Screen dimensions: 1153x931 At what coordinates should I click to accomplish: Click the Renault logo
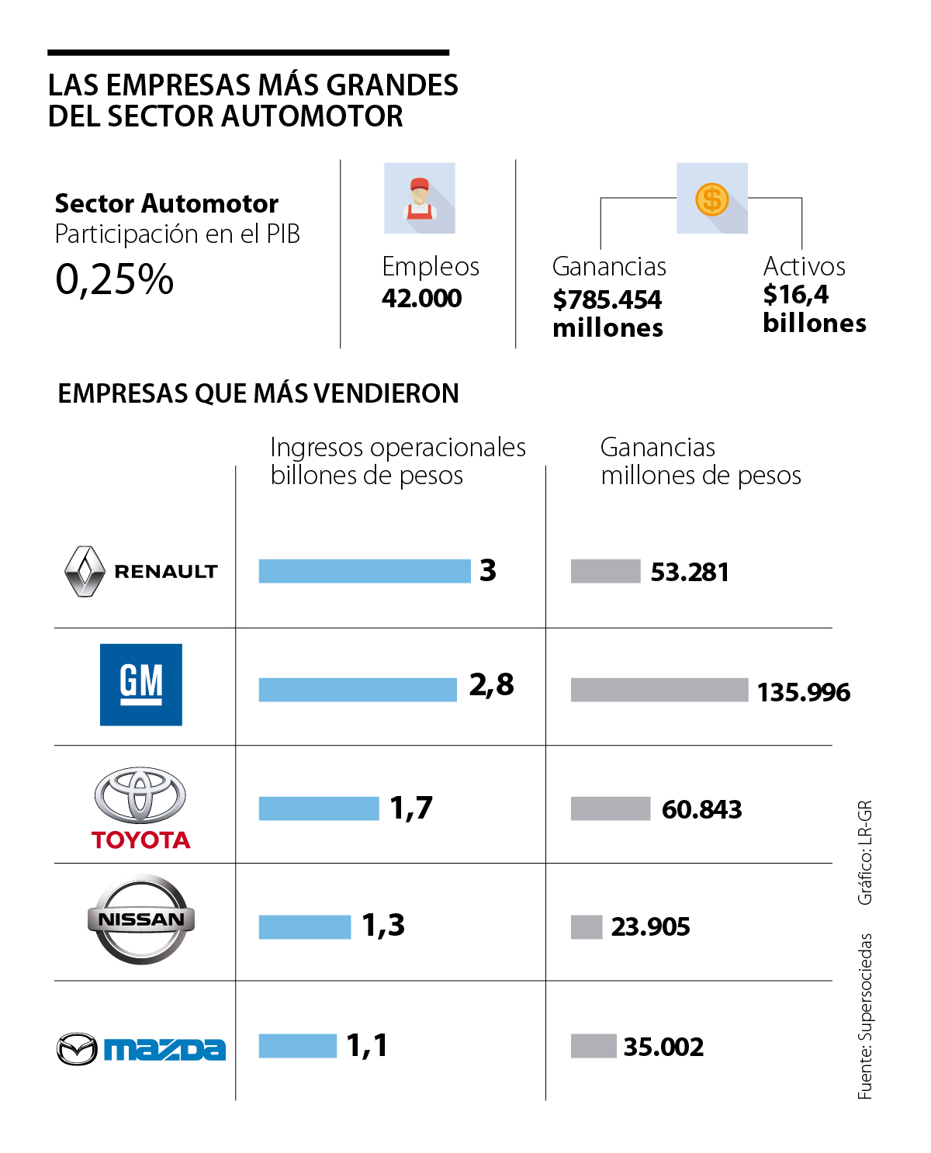pyautogui.click(x=140, y=571)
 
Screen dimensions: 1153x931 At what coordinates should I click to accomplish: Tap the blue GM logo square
pyautogui.click(x=141, y=684)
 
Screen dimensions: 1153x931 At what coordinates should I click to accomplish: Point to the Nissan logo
pyautogui.click(x=141, y=919)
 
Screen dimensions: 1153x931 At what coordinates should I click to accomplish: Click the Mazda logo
pyautogui.click(x=141, y=1049)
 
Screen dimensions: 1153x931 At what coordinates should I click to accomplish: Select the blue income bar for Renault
pyautogui.click(x=365, y=571)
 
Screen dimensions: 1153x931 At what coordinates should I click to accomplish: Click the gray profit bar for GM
pyautogui.click(x=659, y=690)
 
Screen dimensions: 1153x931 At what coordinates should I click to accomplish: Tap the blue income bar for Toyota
pyautogui.click(x=319, y=808)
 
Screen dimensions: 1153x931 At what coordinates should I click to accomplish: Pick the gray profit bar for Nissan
pyautogui.click(x=587, y=926)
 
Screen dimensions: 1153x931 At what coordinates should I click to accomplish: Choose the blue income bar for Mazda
pyautogui.click(x=298, y=1046)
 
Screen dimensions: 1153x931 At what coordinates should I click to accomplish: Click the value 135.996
pyautogui.click(x=804, y=692)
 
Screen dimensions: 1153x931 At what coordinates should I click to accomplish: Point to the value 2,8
pyautogui.click(x=491, y=685)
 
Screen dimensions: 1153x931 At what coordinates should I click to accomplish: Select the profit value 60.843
pyautogui.click(x=701, y=809)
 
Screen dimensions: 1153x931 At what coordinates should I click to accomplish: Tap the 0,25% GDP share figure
pyautogui.click(x=115, y=279)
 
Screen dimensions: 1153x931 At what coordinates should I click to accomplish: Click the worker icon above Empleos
pyautogui.click(x=420, y=199)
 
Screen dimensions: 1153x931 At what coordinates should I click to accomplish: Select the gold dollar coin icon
pyautogui.click(x=712, y=199)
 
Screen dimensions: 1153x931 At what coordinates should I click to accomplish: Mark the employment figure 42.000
pyautogui.click(x=421, y=298)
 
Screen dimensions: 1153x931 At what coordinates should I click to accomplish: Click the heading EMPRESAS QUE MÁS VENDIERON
pyautogui.click(x=258, y=393)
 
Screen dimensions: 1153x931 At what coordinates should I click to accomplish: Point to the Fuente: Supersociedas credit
pyautogui.click(x=865, y=1016)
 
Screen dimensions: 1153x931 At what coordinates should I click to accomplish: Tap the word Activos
pyautogui.click(x=804, y=266)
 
